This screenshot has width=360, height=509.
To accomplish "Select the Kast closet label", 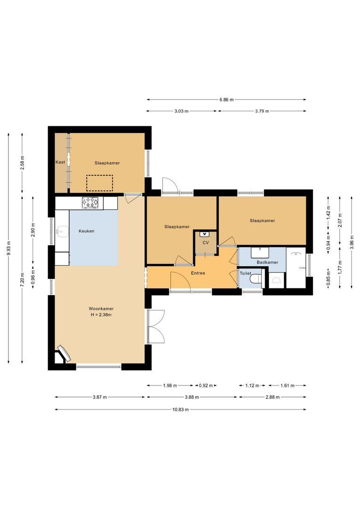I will (x=60, y=162).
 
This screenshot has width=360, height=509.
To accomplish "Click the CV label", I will (x=205, y=242).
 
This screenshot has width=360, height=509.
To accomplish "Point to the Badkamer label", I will (x=267, y=262).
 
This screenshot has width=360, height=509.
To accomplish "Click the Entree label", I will (x=198, y=273).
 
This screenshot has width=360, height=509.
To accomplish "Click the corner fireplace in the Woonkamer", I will (x=63, y=353).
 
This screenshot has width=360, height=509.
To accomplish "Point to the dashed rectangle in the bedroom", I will (x=99, y=182).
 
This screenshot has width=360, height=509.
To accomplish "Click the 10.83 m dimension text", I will (x=180, y=410).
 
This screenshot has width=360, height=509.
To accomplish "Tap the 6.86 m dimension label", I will (x=226, y=99).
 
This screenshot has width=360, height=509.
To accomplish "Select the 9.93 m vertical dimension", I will (x=8, y=248).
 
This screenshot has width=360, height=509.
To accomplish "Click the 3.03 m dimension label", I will (x=181, y=111).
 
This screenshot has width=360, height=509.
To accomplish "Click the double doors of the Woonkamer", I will (x=155, y=327).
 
